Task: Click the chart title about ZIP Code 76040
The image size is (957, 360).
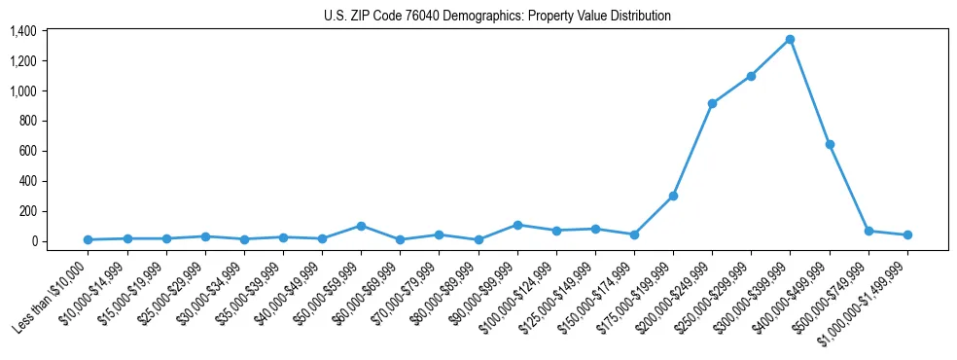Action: [497, 16]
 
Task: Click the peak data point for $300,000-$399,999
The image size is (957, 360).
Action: [790, 40]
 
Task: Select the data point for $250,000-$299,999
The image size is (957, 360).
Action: [751, 76]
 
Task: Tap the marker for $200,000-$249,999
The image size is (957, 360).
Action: [712, 103]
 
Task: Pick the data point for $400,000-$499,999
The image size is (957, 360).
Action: [829, 144]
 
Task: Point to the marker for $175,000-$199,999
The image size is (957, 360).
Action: [673, 196]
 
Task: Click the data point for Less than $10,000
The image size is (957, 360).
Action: [89, 239]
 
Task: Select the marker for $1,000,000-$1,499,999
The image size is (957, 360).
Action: [906, 234]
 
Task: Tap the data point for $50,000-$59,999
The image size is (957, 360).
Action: [361, 226]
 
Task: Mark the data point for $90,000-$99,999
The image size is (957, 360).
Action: [517, 225]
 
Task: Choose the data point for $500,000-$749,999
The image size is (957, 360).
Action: [868, 231]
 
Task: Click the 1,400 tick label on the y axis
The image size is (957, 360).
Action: [22, 31]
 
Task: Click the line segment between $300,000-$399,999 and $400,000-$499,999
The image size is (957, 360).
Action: [809, 92]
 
